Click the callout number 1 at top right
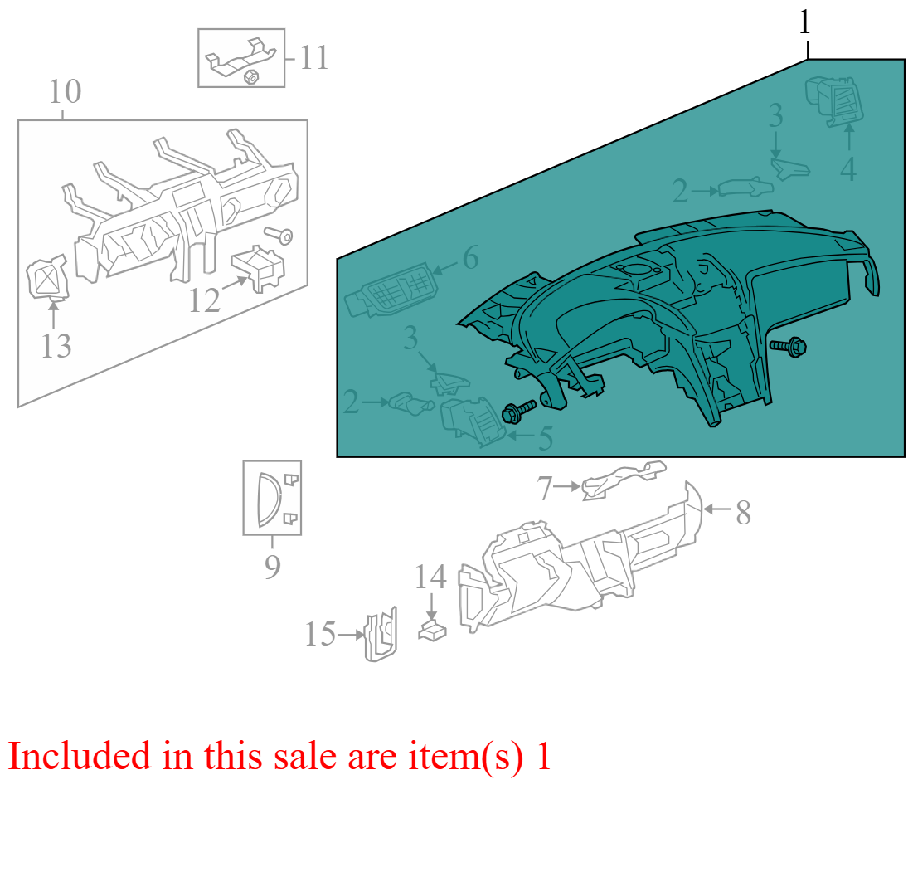804,23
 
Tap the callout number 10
65,92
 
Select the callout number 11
313,58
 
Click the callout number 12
205,300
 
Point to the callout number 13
56,346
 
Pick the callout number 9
273,567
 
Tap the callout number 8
743,513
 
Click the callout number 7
545,489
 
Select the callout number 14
430,577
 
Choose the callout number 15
320,634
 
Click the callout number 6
470,257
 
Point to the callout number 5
546,438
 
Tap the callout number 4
848,169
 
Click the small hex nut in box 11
251,76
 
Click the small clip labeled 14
432,631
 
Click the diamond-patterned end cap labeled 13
48,278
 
